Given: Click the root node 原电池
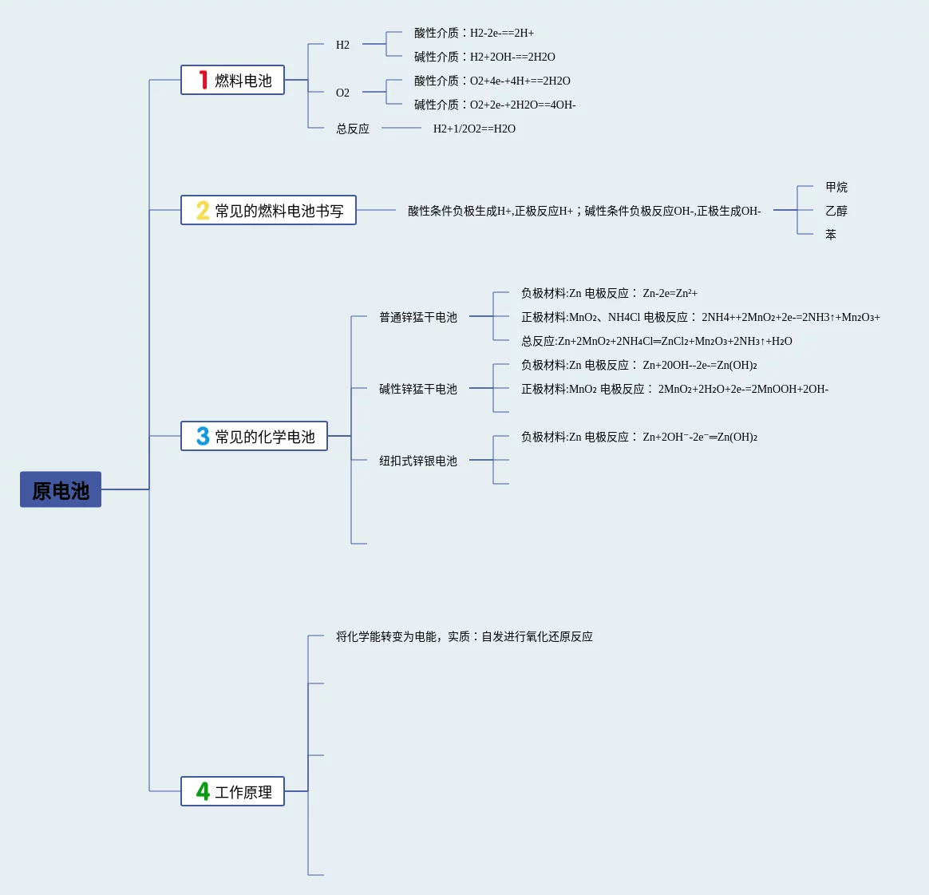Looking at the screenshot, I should (61, 489).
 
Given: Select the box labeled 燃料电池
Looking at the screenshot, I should (232, 80).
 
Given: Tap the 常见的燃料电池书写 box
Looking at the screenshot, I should (268, 210).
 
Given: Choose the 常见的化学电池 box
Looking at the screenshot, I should (254, 436).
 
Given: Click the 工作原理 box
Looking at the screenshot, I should (232, 791).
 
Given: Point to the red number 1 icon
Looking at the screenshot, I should (204, 80).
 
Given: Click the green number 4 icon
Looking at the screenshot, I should (203, 791).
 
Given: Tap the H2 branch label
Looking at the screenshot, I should (342, 45).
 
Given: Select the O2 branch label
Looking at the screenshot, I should (342, 93).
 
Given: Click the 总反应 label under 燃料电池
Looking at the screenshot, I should (353, 129).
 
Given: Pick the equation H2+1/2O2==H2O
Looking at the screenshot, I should (474, 129).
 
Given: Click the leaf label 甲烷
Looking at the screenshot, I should (836, 187).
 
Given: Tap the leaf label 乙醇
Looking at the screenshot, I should (836, 211).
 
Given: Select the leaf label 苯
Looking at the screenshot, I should (831, 235).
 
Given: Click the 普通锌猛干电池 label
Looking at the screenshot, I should (418, 317).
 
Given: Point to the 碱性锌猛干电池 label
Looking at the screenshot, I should (418, 389).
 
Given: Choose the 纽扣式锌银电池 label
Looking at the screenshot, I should (418, 461).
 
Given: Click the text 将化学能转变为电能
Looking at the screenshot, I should (387, 636).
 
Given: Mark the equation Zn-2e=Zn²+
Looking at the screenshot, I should (670, 293).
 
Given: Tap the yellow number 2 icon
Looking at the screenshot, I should (203, 210).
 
